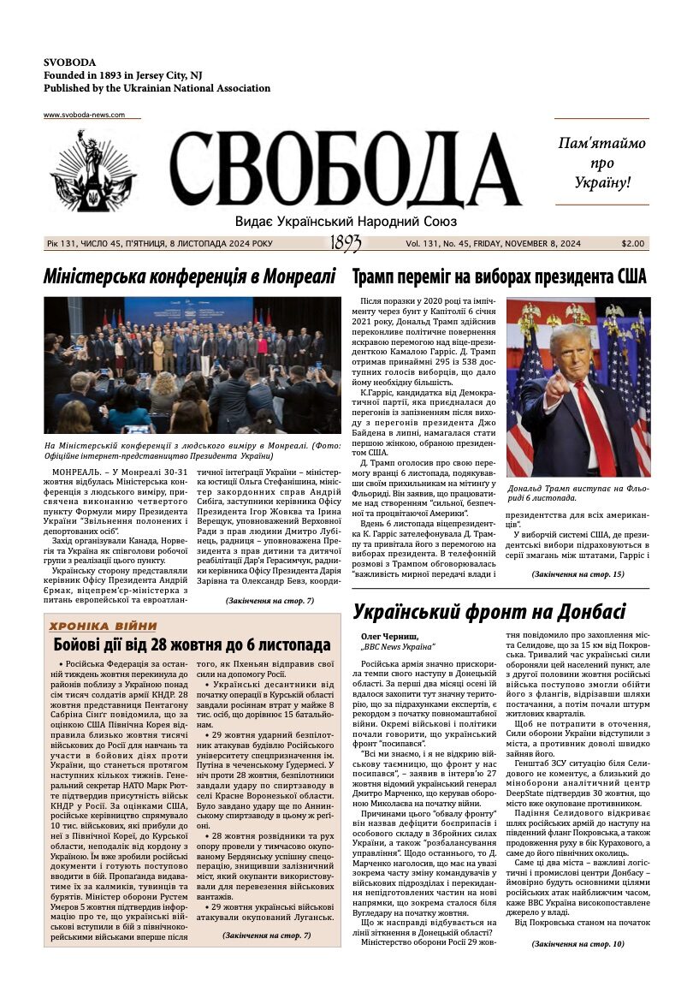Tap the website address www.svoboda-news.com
pyautogui.click(x=84, y=115)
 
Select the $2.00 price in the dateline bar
pyautogui.click(x=633, y=244)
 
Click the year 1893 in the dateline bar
pyautogui.click(x=345, y=244)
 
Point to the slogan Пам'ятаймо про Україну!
pyautogui.click(x=601, y=163)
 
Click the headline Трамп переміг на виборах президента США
pyautogui.click(x=500, y=276)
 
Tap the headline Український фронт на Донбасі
pyautogui.click(x=489, y=612)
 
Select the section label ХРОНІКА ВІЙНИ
pyautogui.click(x=103, y=626)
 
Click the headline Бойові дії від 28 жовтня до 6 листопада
pyautogui.click(x=192, y=645)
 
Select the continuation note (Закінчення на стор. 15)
pyautogui.click(x=577, y=573)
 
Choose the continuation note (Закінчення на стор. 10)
pyautogui.click(x=577, y=943)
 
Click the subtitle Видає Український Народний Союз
pyautogui.click(x=346, y=222)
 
